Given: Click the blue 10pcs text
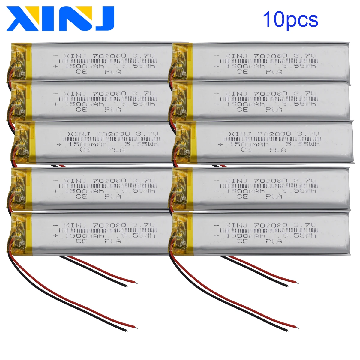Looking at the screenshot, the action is click(x=290, y=19).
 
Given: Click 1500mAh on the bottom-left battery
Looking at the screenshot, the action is click(x=85, y=236).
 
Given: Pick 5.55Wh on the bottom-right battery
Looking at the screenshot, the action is click(x=299, y=236).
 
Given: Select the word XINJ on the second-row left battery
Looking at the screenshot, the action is click(x=75, y=94).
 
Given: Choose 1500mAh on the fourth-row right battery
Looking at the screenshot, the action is click(x=245, y=191).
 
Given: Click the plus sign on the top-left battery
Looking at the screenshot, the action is click(x=55, y=66).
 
